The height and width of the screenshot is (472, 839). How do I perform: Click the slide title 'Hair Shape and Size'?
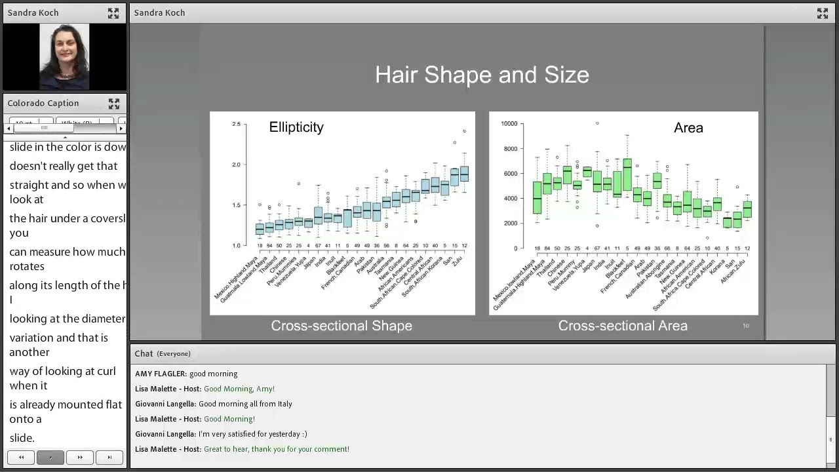coord(482,75)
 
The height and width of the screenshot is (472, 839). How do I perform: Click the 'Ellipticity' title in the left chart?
coord(296,127)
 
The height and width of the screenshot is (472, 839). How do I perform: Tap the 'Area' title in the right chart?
coord(688,128)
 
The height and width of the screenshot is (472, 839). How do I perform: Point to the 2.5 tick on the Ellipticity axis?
coord(236,124)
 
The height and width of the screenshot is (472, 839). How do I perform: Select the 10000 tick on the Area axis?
coord(509,124)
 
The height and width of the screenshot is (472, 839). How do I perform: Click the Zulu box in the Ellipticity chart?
coord(464,174)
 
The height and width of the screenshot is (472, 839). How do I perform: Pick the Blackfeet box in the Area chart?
coord(627,174)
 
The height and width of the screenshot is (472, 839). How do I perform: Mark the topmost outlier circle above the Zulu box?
coord(464,131)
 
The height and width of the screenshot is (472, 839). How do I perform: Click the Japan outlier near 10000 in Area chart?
coord(596,123)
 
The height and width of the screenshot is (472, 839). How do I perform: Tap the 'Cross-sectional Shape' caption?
coord(341,326)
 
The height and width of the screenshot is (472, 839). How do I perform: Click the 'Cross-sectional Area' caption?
coord(623,326)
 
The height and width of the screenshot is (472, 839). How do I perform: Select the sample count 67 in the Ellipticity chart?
coord(318,246)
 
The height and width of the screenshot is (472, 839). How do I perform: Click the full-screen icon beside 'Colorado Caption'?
coord(114,104)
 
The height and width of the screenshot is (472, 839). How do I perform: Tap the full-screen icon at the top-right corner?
coord(823,13)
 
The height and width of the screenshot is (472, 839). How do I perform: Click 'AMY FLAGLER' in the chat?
coord(161,374)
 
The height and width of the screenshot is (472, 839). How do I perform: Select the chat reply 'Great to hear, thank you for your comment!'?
coord(276,449)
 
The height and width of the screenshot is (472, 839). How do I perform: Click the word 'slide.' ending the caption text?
coord(22,438)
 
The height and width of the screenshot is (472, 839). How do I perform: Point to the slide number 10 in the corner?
coord(745,326)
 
